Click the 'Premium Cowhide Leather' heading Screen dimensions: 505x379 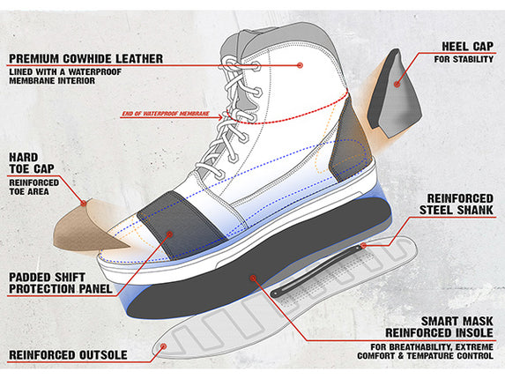[x=86, y=58]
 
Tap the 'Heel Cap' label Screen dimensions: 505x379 [x=467, y=47]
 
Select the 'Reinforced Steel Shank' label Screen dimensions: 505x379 [x=457, y=204]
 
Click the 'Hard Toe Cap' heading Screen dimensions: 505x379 [x=32, y=163]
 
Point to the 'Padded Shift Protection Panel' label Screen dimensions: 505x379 [x=61, y=283]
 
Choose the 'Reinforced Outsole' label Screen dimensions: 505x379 [x=68, y=355]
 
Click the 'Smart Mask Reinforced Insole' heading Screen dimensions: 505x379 [x=439, y=327]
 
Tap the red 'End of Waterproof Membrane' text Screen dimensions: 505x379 [x=166, y=114]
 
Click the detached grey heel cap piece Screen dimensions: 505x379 [x=394, y=93]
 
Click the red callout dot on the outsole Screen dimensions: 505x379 [x=164, y=346]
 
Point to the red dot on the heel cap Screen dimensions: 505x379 [x=397, y=84]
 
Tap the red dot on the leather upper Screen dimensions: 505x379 [x=301, y=65]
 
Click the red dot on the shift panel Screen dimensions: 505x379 [x=170, y=234]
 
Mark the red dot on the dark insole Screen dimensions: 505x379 [x=253, y=278]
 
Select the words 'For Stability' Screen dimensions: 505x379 [x=464, y=59]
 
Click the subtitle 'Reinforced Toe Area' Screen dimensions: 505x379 [x=33, y=187]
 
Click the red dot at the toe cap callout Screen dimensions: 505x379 [x=84, y=204]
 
